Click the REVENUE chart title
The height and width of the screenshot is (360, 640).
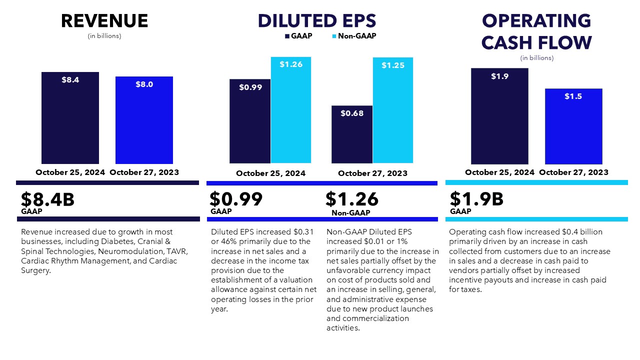tap(104, 21)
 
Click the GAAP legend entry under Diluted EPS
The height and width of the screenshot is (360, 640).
tap(298, 36)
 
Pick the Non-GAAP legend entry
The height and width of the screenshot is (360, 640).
tap(354, 36)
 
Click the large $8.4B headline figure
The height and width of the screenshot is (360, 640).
tap(47, 199)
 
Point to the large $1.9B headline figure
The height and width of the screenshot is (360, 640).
tap(476, 199)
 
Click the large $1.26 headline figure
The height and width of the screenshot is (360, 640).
tap(352, 199)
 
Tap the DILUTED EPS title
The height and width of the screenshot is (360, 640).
tap(317, 21)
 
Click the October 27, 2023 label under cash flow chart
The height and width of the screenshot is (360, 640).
tap(573, 172)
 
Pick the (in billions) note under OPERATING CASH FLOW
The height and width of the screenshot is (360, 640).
tap(537, 58)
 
